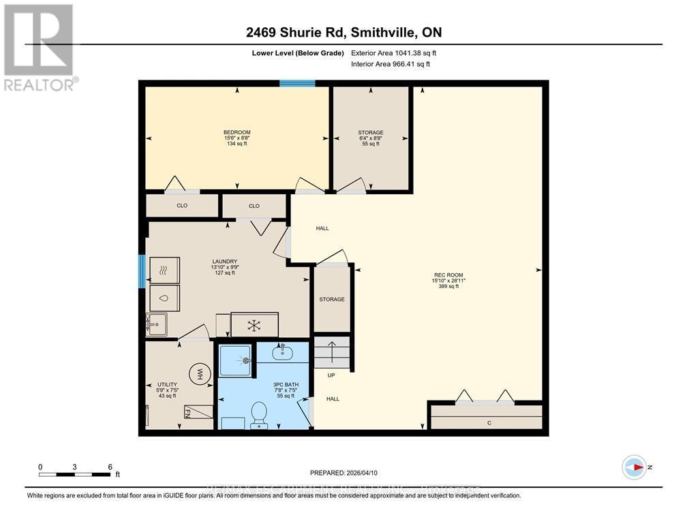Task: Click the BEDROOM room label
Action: (237, 132)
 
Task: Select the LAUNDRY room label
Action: (224, 262)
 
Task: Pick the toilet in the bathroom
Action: (259, 414)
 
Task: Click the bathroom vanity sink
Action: (281, 352)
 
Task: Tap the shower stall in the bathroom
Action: (235, 360)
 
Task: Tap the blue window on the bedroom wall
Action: (297, 84)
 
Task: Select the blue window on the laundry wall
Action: (142, 271)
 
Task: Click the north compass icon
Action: (634, 467)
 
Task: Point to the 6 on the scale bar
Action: (110, 467)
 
